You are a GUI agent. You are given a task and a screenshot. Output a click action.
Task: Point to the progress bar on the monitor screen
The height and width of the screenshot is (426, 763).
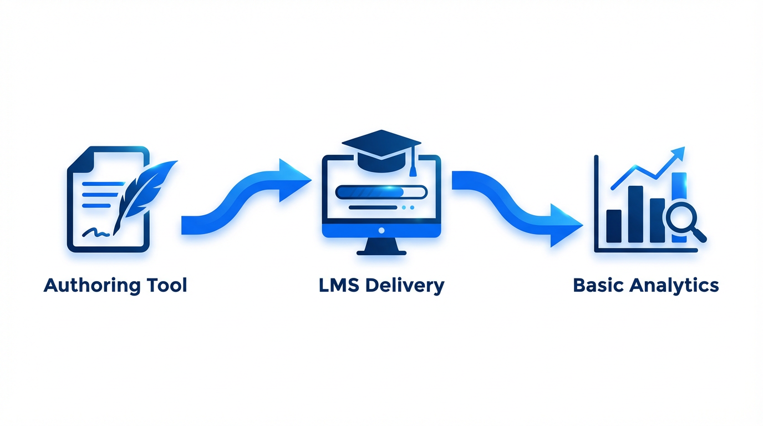381,192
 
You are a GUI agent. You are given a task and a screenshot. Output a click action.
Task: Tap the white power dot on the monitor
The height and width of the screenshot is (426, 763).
381,230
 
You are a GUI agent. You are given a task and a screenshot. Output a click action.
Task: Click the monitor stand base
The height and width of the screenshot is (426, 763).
381,251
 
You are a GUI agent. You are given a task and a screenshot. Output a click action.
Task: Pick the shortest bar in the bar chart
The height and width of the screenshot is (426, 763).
614,226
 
